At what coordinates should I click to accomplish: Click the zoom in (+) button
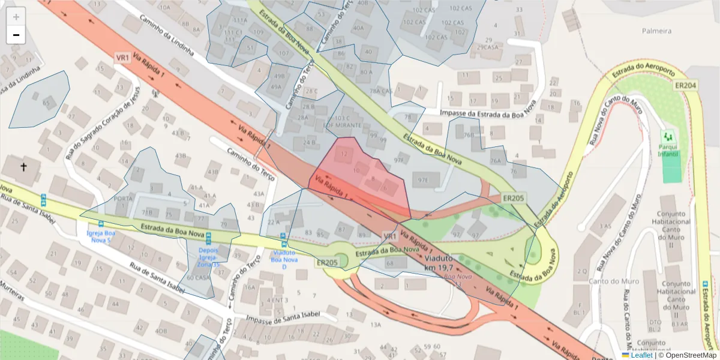pyautogui.click(x=16, y=17)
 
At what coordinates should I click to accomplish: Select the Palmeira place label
pyautogui.click(x=656, y=31)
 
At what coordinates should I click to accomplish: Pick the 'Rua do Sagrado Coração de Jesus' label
pyautogui.click(x=102, y=121)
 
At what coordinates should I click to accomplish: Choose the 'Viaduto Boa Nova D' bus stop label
pyautogui.click(x=280, y=260)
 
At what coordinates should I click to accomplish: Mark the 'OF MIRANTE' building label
pyautogui.click(x=344, y=125)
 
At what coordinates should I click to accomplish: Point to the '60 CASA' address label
pyautogui.click(x=198, y=278)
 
